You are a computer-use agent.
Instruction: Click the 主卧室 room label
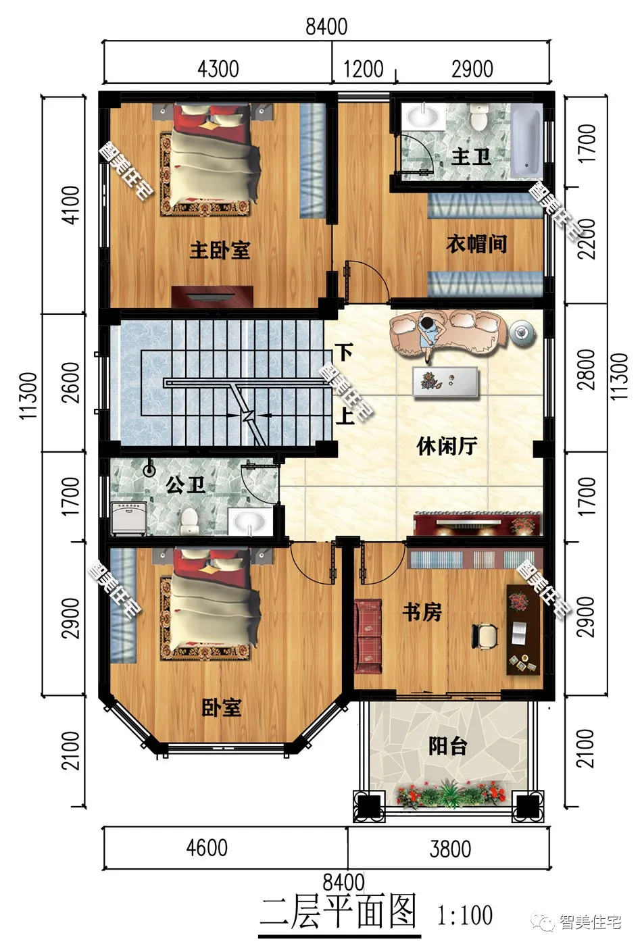point(220,250)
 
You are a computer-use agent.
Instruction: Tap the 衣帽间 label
point(476,245)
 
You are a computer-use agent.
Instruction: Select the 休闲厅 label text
point(447,446)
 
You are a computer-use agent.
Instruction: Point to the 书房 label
point(422,612)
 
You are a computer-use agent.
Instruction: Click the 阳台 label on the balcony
point(448,747)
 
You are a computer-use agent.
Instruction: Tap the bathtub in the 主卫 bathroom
point(526,142)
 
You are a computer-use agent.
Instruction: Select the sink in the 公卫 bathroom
point(249,522)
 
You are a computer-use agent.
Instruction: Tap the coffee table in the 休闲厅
point(445,382)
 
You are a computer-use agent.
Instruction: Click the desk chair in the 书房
point(485,634)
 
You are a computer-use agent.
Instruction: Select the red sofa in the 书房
point(368,636)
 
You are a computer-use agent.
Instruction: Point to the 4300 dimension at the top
point(218,69)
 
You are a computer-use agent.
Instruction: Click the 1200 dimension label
point(363,69)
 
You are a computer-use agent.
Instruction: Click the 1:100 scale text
point(465,916)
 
